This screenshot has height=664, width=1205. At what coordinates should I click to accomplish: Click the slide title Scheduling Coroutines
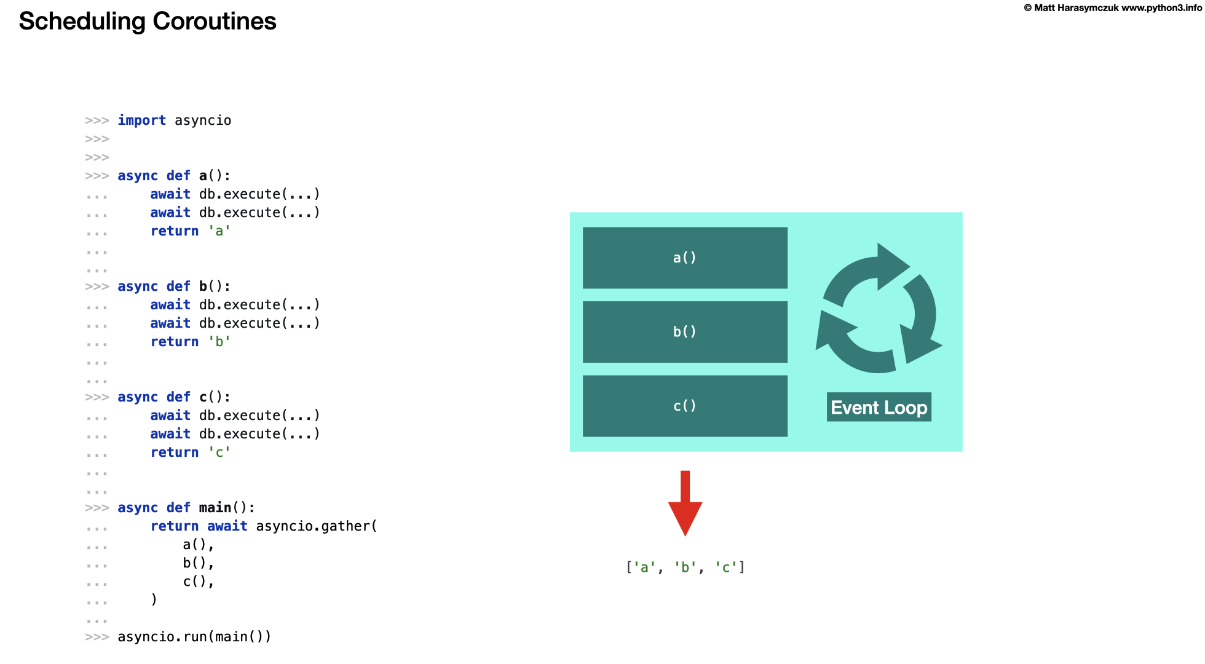148,22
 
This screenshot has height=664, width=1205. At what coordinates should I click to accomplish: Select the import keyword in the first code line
141,121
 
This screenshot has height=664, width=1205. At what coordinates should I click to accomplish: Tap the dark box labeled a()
685,258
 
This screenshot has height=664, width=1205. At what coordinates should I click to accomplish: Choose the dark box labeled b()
685,332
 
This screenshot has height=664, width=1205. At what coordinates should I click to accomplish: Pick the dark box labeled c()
685,406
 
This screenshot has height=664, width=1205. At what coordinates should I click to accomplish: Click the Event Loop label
879,408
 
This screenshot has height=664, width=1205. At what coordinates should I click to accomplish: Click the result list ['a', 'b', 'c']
685,567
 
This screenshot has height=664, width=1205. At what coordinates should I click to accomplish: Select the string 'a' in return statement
219,231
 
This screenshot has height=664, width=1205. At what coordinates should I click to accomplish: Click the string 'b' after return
219,342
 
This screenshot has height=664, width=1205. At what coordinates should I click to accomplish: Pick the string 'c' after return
219,453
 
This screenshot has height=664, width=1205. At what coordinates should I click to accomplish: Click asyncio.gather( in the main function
317,526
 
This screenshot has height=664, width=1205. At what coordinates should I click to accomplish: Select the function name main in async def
215,508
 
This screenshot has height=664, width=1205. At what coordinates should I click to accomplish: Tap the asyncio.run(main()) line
194,637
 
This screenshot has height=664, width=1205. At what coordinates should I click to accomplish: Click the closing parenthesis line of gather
154,599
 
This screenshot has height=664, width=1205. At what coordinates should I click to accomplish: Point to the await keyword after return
227,526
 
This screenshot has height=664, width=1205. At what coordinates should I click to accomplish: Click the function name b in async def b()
203,287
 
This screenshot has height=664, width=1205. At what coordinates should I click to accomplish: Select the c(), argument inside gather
198,582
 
